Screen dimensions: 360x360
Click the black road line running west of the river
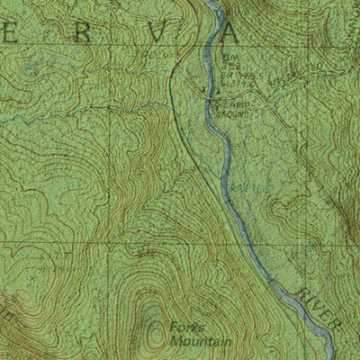point(173,99)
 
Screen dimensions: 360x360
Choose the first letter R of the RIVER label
point(300,287)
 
